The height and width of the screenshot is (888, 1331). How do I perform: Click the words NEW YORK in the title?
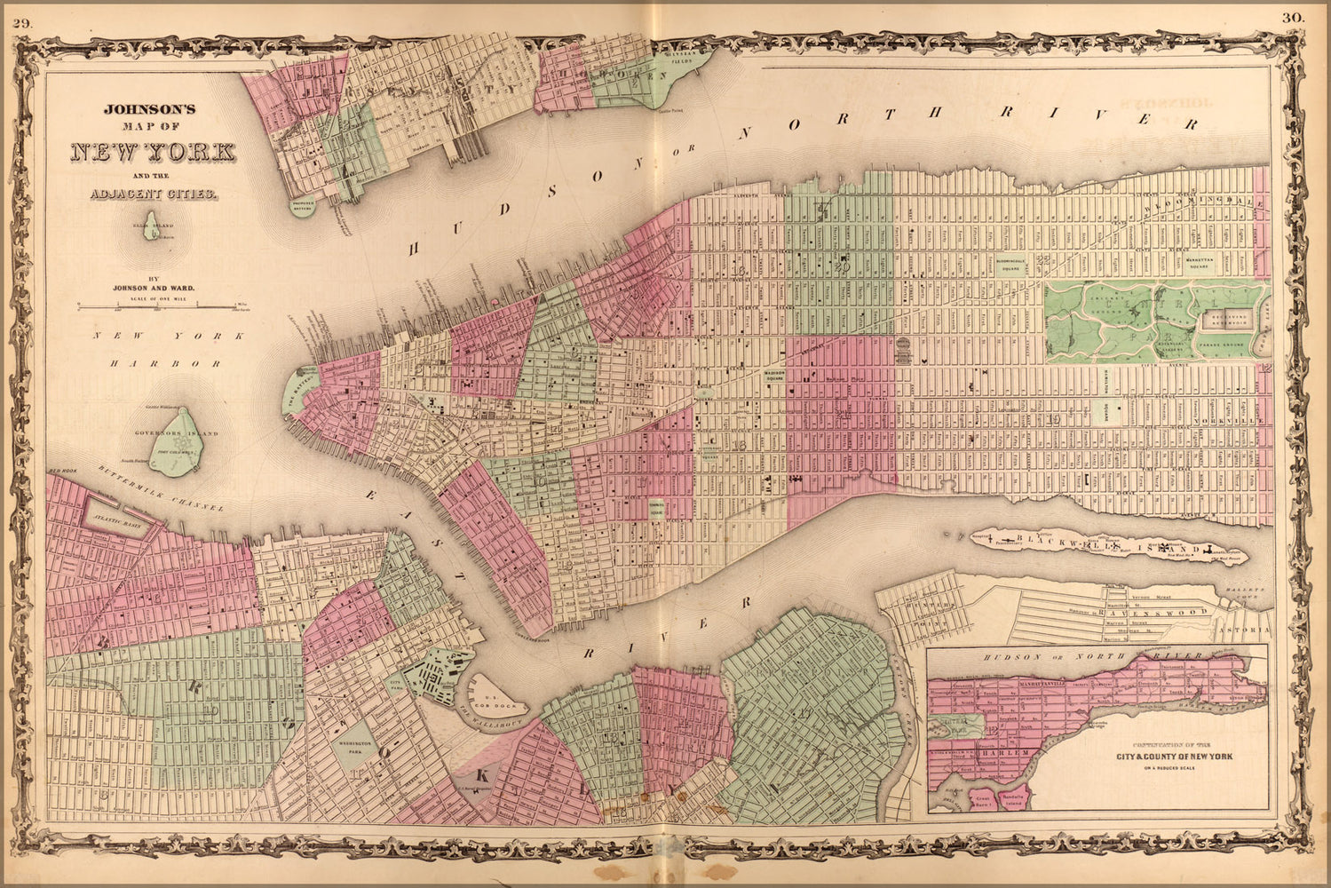click(152, 152)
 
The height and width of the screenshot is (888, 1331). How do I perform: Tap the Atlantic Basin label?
click(117, 524)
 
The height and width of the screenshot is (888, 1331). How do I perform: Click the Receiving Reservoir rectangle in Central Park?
click(1226, 314)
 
